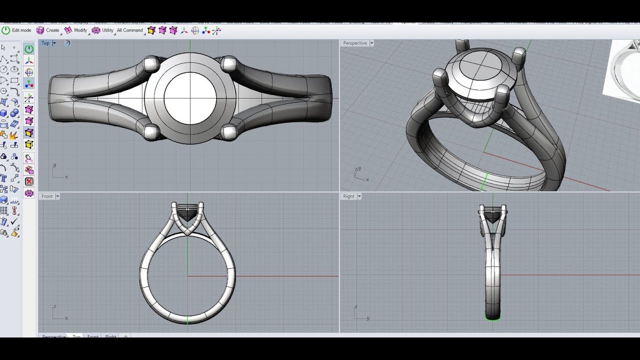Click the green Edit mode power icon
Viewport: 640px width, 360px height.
6,30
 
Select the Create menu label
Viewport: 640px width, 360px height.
52,30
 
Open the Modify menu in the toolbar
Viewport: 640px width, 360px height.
80,30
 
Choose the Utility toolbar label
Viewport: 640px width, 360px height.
107,30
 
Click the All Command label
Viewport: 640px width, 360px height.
129,30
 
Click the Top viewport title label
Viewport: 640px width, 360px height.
45,43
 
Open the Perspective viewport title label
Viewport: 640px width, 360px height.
355,43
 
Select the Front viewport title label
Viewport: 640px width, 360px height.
47,196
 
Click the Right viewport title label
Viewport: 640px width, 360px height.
348,196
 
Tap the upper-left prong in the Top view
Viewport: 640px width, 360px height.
150,64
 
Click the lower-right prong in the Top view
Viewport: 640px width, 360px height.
228,132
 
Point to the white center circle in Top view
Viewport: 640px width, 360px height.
190,97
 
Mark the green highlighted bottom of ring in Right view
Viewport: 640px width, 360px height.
493,316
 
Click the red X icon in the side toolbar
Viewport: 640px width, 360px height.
29,181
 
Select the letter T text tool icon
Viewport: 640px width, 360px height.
4,178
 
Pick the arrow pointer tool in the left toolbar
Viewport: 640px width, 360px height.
3,48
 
